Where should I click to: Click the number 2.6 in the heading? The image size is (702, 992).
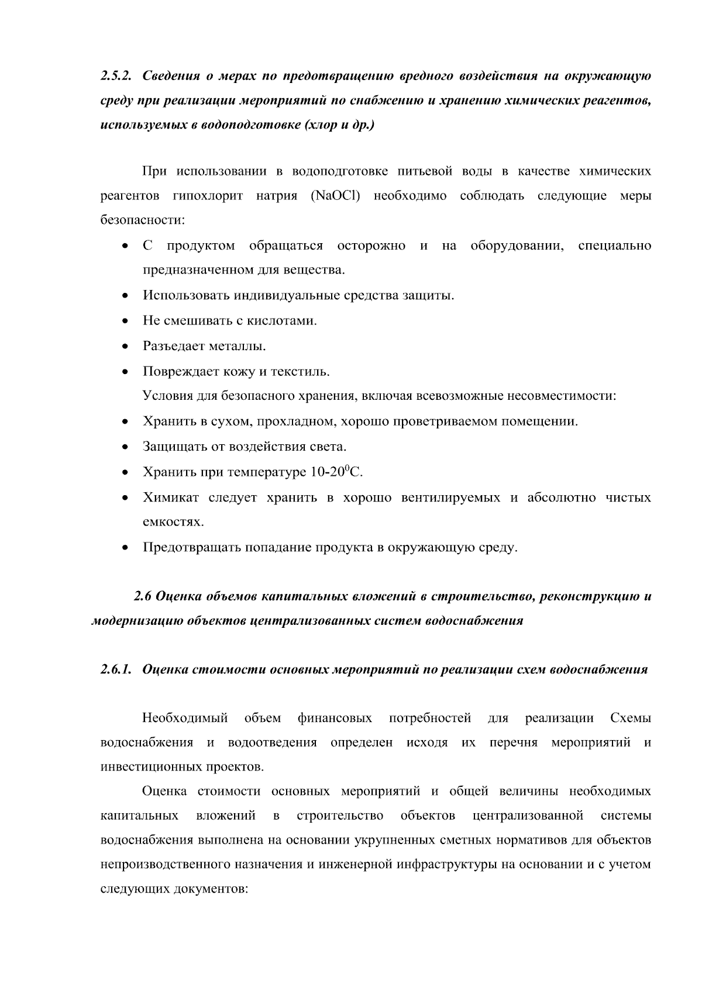point(143,597)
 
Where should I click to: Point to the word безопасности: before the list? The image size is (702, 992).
point(143,221)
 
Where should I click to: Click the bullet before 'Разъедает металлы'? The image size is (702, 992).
point(125,347)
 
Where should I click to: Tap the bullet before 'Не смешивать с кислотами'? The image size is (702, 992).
point(125,322)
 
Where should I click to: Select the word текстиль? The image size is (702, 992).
point(304,371)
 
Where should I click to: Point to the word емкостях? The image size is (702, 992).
point(173,522)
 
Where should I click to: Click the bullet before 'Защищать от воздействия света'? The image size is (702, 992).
point(125,448)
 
